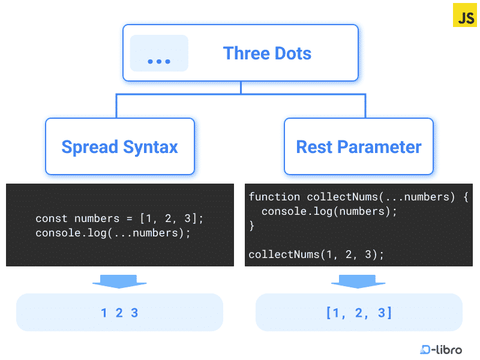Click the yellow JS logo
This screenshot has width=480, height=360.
[x=465, y=16]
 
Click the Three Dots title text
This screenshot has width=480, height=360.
[x=267, y=53]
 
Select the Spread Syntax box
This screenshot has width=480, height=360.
[x=120, y=146]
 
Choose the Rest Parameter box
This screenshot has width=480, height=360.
[x=359, y=146]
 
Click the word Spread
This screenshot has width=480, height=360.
[x=89, y=147]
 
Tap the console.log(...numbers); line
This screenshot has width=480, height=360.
[x=113, y=233]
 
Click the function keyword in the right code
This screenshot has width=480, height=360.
[x=274, y=197]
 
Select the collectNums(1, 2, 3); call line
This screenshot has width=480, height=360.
[x=316, y=254]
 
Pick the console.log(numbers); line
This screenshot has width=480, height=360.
[x=329, y=211]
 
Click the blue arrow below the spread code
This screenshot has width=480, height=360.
[x=120, y=281]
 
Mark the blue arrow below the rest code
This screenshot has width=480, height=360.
[x=359, y=281]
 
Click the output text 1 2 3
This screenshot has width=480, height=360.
[x=119, y=313]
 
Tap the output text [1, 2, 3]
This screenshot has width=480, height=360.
[x=359, y=313]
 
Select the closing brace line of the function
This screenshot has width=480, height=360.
[x=252, y=226]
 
